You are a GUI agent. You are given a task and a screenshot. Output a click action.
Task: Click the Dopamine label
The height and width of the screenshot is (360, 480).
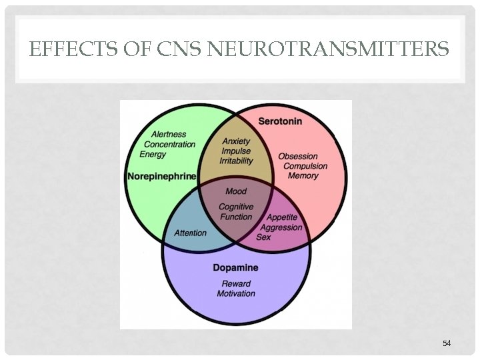tap(235, 268)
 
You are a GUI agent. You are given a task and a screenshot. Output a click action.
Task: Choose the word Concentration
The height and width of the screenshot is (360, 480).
tap(170, 144)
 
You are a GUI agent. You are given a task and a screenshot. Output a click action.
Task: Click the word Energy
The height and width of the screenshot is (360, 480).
tap(153, 154)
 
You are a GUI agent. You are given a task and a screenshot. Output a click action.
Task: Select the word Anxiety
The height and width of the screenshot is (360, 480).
tap(236, 141)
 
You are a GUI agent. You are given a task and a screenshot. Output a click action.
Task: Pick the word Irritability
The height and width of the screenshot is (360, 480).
tap(236, 161)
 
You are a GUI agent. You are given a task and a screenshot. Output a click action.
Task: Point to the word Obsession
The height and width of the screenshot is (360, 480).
tap(299, 156)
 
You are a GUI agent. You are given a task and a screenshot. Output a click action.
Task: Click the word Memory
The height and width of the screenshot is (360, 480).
tap(303, 176)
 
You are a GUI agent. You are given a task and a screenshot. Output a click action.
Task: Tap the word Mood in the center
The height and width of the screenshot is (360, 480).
tap(236, 191)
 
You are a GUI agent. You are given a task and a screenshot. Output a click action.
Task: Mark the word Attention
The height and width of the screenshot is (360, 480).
tap(190, 233)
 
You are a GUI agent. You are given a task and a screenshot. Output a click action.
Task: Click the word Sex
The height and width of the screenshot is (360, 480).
tap(263, 237)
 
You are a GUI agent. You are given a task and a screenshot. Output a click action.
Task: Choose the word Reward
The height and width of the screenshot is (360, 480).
tap(235, 283)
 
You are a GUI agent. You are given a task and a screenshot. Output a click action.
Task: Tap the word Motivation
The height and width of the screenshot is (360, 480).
tap(236, 293)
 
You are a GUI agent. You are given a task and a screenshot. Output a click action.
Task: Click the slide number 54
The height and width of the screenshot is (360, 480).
tap(447, 343)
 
